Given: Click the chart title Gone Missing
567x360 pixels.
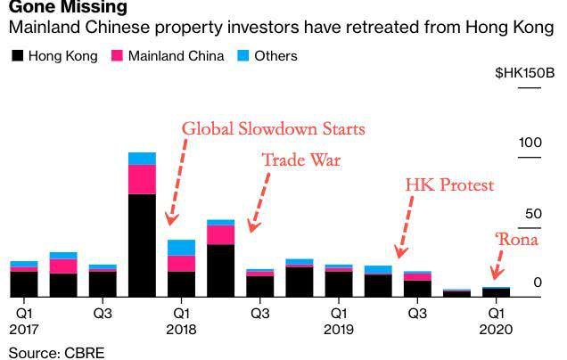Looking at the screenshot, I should [62, 8].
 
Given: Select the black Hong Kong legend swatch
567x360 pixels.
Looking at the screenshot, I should [17, 56].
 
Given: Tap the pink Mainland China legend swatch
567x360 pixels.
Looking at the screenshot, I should [117, 56].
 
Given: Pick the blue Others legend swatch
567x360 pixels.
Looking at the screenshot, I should [242, 56].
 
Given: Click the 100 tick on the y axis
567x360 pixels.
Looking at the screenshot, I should [530, 143].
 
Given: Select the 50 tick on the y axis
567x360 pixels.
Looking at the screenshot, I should [533, 214].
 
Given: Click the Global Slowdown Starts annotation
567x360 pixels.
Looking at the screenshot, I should [273, 128].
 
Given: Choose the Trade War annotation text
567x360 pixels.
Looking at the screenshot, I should [301, 161].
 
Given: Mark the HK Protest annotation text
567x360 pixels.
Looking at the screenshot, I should [449, 185].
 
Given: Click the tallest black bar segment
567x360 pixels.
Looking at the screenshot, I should [142, 244].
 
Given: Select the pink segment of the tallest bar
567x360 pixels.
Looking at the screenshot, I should [142, 179].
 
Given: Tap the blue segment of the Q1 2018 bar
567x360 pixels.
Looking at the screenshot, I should [181, 247].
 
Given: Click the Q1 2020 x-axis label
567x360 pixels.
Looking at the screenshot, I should [496, 322].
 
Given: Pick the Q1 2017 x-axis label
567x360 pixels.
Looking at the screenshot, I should [24, 322].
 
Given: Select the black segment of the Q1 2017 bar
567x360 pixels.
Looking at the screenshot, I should [24, 283].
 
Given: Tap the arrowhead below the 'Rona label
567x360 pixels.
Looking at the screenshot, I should [497, 275].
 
